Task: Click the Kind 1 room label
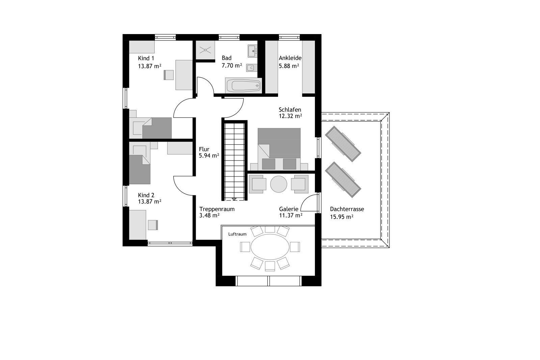[146, 58]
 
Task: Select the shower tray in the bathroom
[205, 51]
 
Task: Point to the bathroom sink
[252, 51]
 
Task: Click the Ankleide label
[290, 58]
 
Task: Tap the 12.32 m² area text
[290, 116]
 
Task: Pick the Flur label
[204, 149]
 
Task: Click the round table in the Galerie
[278, 184]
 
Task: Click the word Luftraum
[237, 234]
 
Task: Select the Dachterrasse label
[347, 209]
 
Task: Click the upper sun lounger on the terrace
[343, 144]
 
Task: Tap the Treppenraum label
[217, 209]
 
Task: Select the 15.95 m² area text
[341, 217]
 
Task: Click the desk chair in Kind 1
[168, 75]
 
